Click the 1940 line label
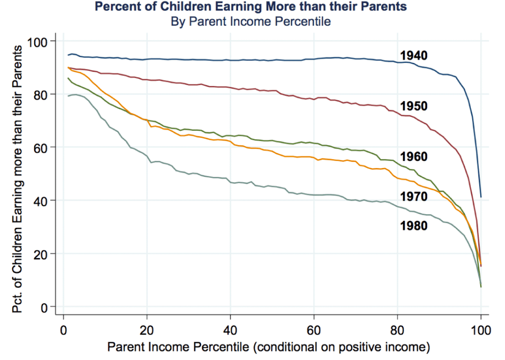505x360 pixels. pyautogui.click(x=414, y=56)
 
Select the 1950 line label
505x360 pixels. pyautogui.click(x=414, y=106)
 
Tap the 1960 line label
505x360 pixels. pyautogui.click(x=414, y=157)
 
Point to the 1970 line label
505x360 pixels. pyautogui.click(x=414, y=197)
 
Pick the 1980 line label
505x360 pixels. pyautogui.click(x=414, y=225)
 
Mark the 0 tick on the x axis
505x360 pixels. pyautogui.click(x=63, y=330)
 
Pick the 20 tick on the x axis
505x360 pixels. pyautogui.click(x=147, y=330)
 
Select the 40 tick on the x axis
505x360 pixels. pyautogui.click(x=230, y=330)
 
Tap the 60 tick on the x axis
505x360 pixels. pyautogui.click(x=314, y=330)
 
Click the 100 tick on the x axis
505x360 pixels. pyautogui.click(x=481, y=330)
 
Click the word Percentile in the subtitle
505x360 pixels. pyautogui.click(x=304, y=21)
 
